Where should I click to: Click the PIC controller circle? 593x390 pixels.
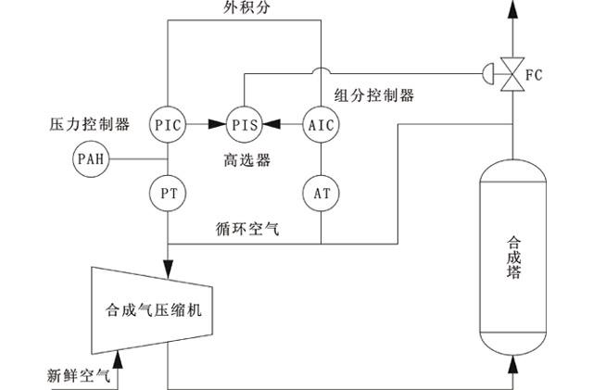pos(168,124)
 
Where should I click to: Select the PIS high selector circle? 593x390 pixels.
pos(245,124)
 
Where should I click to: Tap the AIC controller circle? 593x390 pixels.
pos(321,124)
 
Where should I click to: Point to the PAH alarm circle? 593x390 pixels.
pos(90,159)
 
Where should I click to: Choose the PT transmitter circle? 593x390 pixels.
pos(168,193)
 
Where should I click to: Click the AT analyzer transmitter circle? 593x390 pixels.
pos(321,193)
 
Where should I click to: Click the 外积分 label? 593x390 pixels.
pos(244,9)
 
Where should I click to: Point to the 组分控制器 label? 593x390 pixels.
pos(373,95)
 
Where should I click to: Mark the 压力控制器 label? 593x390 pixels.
pos(89,123)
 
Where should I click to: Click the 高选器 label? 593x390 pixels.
pos(246,159)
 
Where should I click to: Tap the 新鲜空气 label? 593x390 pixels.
pos(80,375)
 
